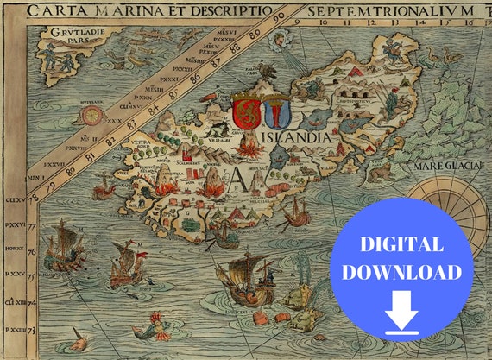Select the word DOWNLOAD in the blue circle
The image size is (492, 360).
coord(402,272)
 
